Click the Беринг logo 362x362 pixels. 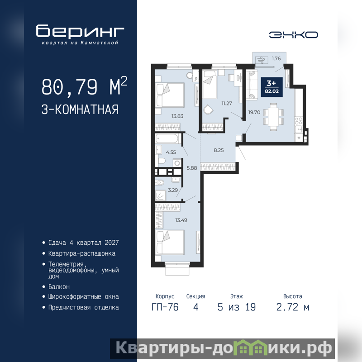80,34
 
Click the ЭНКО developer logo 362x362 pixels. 293,35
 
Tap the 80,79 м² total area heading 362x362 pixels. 84,86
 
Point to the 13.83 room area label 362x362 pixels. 177,116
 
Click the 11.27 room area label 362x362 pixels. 227,104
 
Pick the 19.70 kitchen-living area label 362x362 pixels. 254,112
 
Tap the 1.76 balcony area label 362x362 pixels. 276,58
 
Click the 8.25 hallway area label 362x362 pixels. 219,150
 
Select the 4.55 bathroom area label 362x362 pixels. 171,152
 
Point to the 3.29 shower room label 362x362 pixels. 173,190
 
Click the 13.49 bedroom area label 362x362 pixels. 181,220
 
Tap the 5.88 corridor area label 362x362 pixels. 192,168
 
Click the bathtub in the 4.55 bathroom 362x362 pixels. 167,139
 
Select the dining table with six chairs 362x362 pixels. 273,117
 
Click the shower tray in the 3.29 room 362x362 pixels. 161,195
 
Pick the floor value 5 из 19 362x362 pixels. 237,307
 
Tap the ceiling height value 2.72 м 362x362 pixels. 293,307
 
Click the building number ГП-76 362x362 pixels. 165,307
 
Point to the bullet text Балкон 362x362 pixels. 59,287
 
